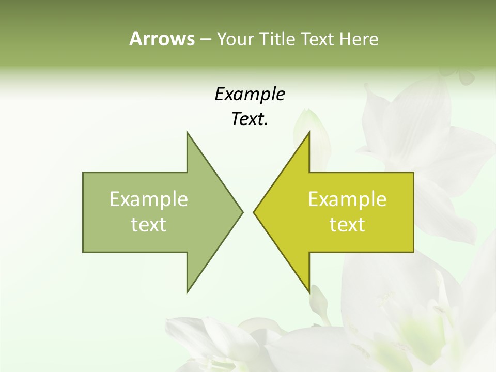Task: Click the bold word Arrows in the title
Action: [162, 39]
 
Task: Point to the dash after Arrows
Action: [205, 39]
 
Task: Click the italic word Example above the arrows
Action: [250, 95]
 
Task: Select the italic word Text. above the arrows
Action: [250, 119]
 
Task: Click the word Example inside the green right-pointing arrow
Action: [149, 199]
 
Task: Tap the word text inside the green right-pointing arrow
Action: [149, 225]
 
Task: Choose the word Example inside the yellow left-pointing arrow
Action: [347, 199]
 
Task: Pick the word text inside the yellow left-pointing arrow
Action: [347, 225]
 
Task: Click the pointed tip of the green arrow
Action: [242, 212]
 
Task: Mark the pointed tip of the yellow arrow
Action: [254, 212]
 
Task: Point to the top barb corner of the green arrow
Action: [187, 132]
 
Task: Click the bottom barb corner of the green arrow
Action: [187, 292]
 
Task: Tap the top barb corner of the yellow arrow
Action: [309, 132]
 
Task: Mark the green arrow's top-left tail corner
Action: [83, 173]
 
